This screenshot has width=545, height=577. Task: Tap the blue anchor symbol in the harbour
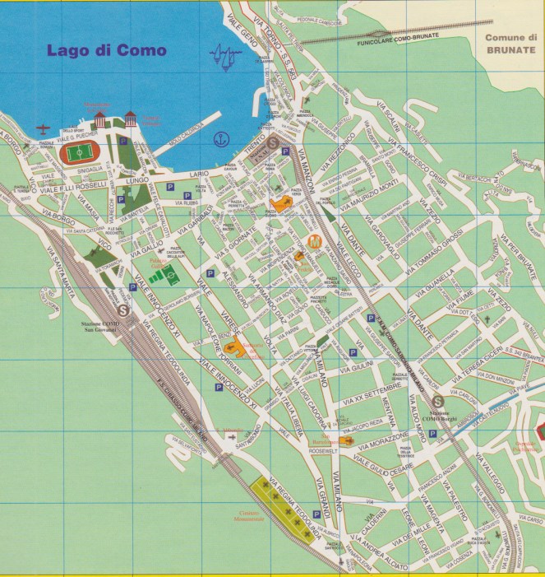click(220, 139)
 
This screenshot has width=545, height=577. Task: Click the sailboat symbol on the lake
click(224, 57)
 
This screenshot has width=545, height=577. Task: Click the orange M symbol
click(313, 241)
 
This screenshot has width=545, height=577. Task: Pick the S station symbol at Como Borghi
click(437, 396)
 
